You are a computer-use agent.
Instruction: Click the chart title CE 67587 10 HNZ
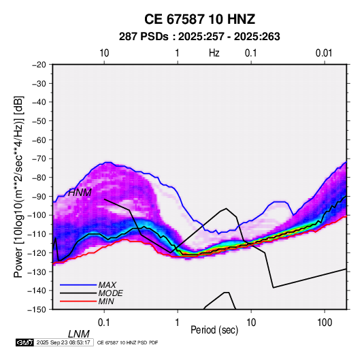point(199,19)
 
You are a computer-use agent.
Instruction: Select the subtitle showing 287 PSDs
point(199,37)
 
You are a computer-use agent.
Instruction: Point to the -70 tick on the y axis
point(39,159)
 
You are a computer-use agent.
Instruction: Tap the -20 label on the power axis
point(39,65)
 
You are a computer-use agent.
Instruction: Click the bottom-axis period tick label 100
point(325,322)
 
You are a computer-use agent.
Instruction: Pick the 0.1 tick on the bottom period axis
point(104,322)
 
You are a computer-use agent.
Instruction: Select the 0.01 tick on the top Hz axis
point(324,53)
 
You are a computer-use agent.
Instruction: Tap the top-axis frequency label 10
point(104,53)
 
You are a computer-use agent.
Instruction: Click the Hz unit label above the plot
point(214,53)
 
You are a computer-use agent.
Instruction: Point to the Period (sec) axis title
point(214,330)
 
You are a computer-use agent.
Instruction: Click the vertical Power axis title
point(18,186)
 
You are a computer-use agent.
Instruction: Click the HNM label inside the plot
point(80,193)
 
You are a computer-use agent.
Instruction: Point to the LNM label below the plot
point(78,334)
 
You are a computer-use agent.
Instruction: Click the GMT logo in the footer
point(25,342)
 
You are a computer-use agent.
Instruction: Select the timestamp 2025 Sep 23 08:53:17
point(63,342)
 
